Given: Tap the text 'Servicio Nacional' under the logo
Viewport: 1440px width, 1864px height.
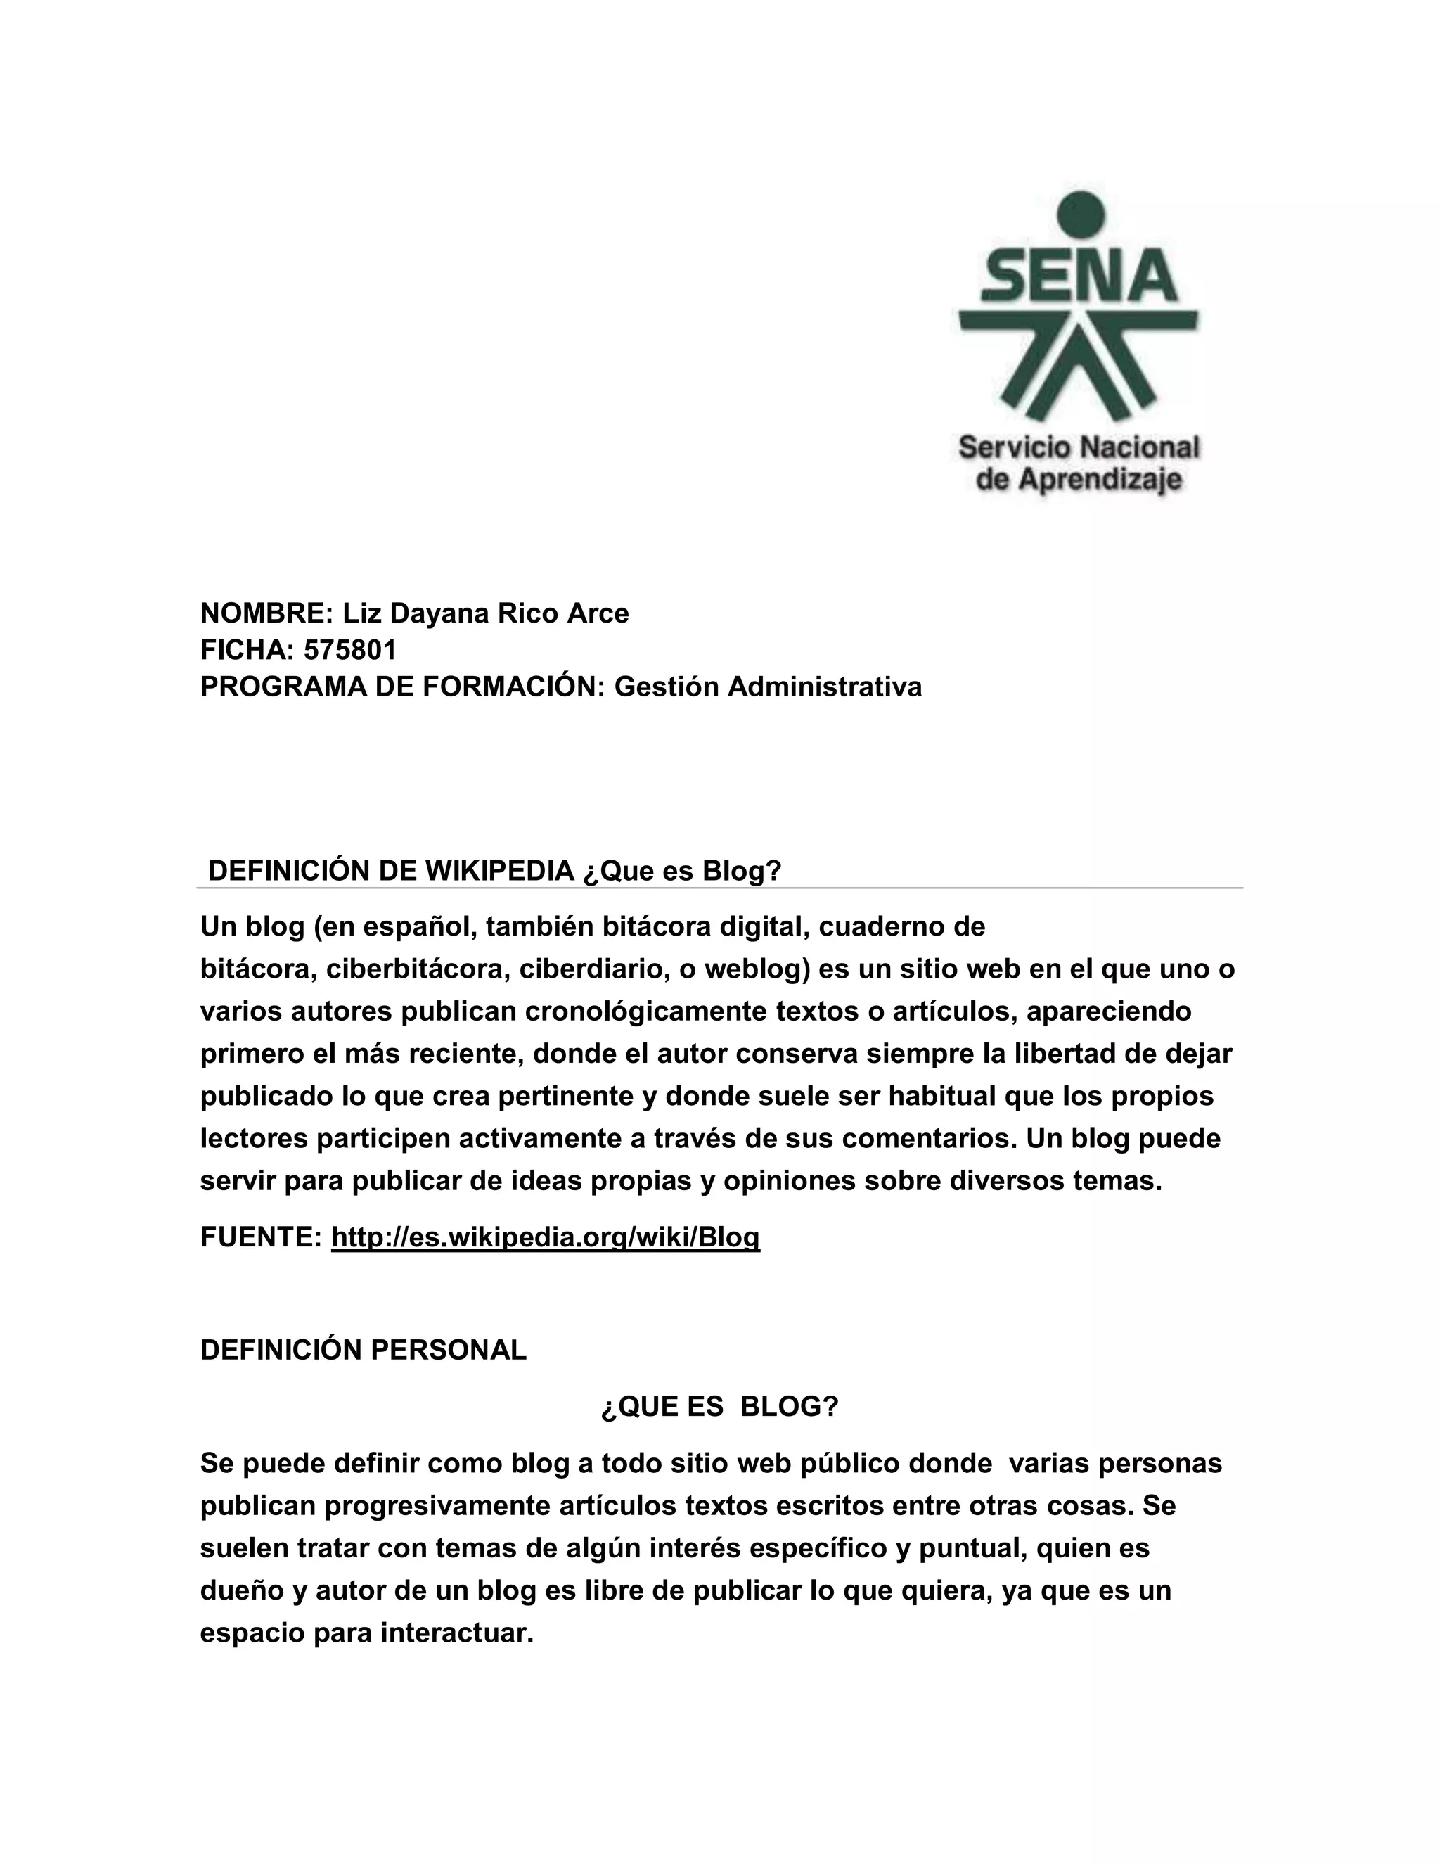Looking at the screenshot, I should point(1079,447).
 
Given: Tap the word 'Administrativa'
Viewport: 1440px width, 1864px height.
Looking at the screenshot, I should point(824,687).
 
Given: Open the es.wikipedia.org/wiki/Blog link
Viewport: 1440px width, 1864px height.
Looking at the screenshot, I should point(545,1237).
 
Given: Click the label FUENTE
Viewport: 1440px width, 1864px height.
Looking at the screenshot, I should point(259,1237).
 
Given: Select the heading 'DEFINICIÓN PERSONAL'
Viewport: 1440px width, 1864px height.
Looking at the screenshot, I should point(364,1351).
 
